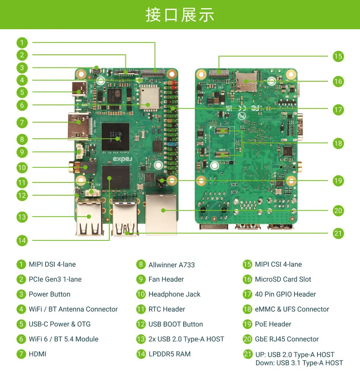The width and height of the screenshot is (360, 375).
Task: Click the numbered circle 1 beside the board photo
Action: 22,43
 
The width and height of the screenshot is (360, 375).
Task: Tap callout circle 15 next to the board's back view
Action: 338,57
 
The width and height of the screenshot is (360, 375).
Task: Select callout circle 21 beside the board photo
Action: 338,233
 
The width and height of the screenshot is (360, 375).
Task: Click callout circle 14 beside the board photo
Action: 22,240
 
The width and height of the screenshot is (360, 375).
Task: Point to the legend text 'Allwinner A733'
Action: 171,265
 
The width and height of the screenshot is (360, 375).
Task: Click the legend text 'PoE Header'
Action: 273,324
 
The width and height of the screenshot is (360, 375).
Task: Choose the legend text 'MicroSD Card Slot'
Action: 283,279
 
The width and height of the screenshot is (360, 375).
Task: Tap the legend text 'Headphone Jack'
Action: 175,294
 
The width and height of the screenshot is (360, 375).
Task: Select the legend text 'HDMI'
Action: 37,354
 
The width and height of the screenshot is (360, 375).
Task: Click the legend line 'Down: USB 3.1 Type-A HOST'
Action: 299,363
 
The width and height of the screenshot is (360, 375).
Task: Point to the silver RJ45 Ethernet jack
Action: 161,214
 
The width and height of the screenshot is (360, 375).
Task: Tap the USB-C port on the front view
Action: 79,89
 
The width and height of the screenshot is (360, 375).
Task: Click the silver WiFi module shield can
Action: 149,98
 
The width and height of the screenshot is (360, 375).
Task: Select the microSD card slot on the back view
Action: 246,81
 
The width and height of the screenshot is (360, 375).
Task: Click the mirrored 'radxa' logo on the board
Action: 123,159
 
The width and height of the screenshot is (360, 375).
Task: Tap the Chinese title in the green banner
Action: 180,15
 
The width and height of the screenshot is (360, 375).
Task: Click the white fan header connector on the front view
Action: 80,151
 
